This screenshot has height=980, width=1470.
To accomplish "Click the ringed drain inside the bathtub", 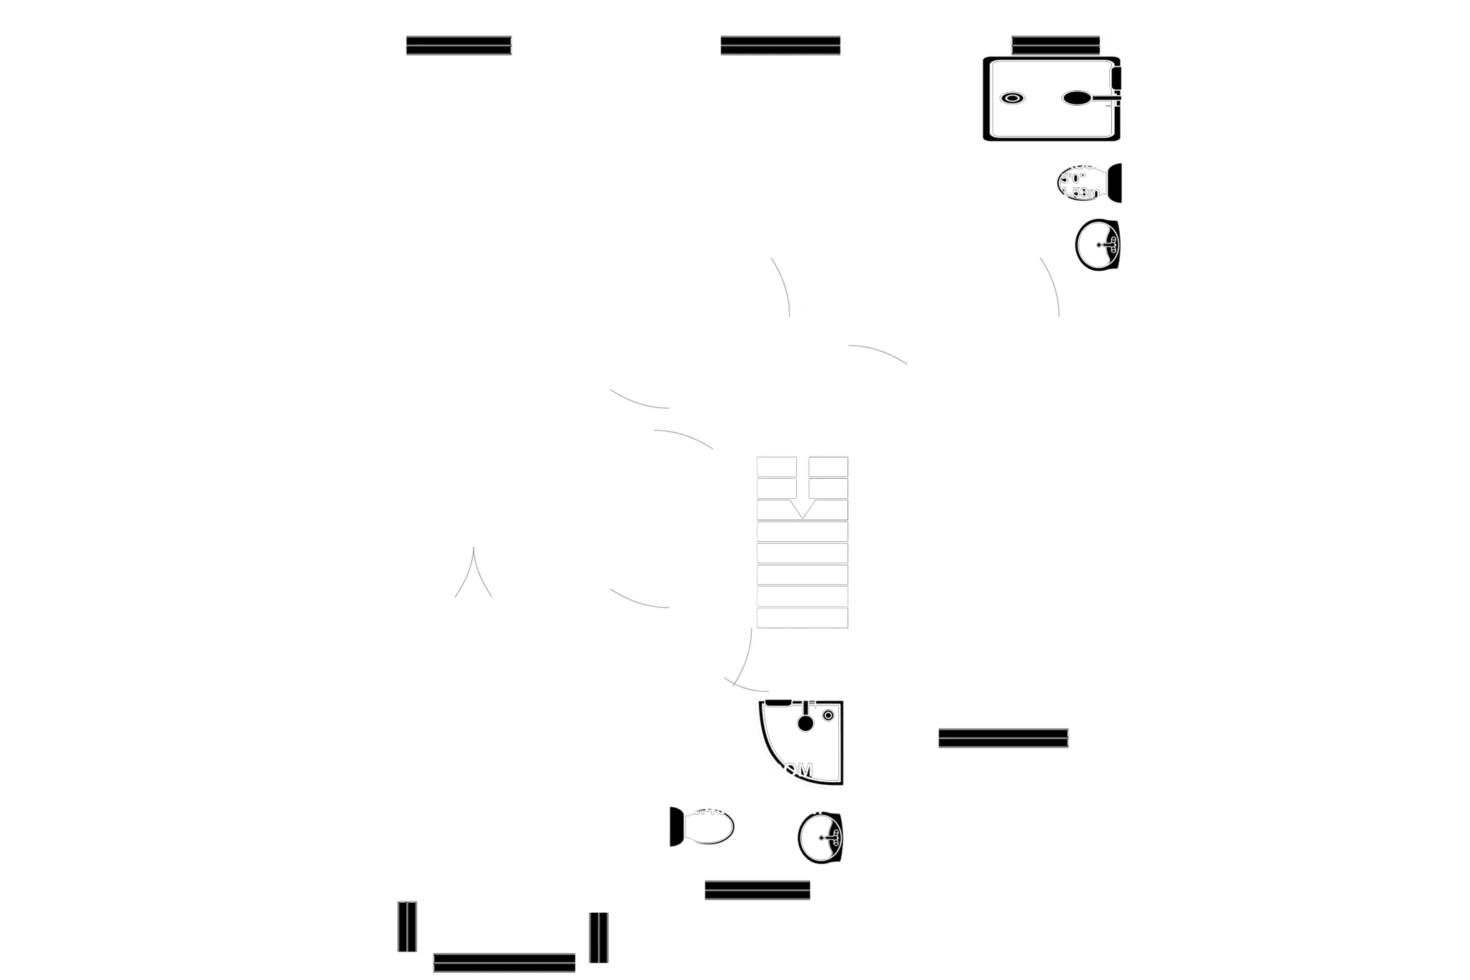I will [1012, 99].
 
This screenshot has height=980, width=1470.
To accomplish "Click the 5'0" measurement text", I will [1074, 177].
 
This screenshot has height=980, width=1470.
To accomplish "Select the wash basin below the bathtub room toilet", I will [1098, 244].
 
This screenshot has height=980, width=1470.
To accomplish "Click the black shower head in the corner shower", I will [805, 723].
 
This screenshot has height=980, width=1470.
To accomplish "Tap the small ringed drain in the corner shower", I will [828, 715].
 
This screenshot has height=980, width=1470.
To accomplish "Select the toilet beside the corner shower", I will [704, 828].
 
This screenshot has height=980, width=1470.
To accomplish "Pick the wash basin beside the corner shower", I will [820, 836].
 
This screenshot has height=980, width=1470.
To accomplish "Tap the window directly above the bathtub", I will [1056, 44].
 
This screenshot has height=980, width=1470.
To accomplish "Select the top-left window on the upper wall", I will [459, 45].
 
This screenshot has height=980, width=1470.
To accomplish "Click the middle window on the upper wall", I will [780, 45].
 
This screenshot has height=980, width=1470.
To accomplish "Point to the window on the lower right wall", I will [1003, 738].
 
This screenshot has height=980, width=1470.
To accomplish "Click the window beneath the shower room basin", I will [758, 890].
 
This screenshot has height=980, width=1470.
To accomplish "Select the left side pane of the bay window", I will [406, 926].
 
